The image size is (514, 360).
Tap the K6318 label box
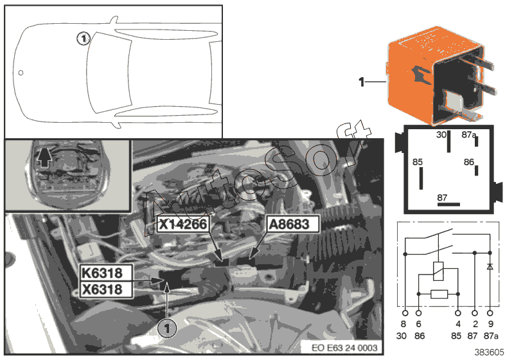(106, 273)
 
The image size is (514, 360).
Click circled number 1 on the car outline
(82, 39)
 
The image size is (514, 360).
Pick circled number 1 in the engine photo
(166, 328)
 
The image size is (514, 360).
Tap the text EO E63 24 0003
(346, 347)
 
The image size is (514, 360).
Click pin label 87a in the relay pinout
(470, 136)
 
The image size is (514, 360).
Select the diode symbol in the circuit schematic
(491, 266)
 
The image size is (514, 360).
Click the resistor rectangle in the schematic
(440, 295)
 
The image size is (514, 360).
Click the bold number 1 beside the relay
(361, 82)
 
